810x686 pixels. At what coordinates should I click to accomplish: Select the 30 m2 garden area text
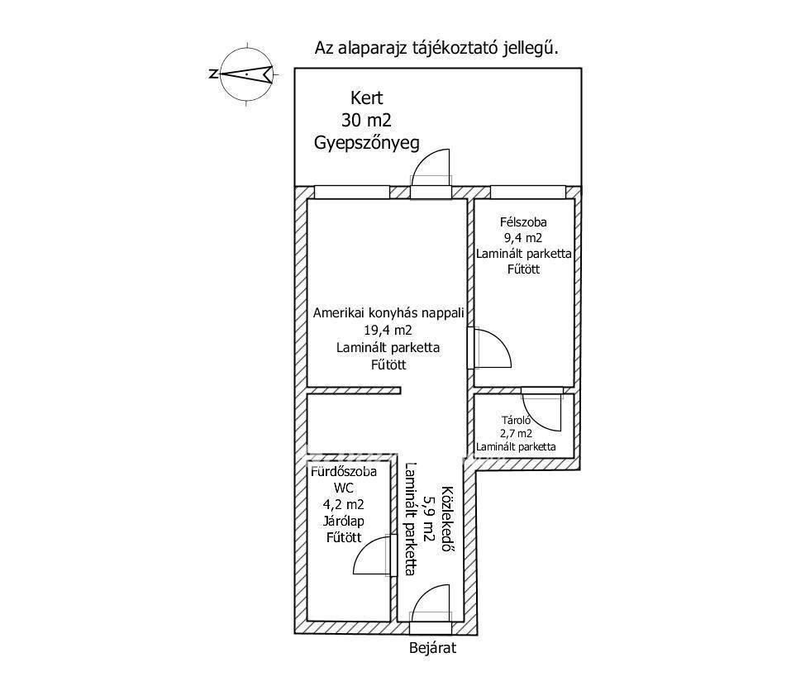366,120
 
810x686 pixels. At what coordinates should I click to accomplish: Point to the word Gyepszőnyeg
366,142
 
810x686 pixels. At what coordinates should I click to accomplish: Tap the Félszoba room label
523,222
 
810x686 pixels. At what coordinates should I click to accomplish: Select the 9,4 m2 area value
523,238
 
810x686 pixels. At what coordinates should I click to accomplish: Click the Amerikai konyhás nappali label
388,313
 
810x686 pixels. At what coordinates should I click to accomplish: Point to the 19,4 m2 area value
388,331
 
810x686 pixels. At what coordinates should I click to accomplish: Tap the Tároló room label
516,419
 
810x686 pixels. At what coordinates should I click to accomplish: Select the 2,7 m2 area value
516,432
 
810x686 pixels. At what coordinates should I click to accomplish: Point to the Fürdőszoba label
343,472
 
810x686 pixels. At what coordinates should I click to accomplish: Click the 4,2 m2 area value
343,504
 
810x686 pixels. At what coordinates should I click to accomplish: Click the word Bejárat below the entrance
432,648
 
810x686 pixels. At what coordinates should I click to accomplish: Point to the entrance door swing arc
431,600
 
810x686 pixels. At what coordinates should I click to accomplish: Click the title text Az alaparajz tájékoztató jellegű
436,48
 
